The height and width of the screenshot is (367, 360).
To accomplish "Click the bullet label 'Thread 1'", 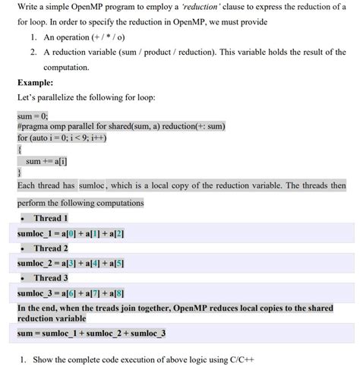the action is (51, 218).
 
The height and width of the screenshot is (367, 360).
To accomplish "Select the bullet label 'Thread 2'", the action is (51, 248).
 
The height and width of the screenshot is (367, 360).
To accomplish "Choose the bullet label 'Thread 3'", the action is (51, 277).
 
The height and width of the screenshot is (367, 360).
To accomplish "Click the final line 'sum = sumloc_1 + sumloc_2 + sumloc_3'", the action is (91, 333).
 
